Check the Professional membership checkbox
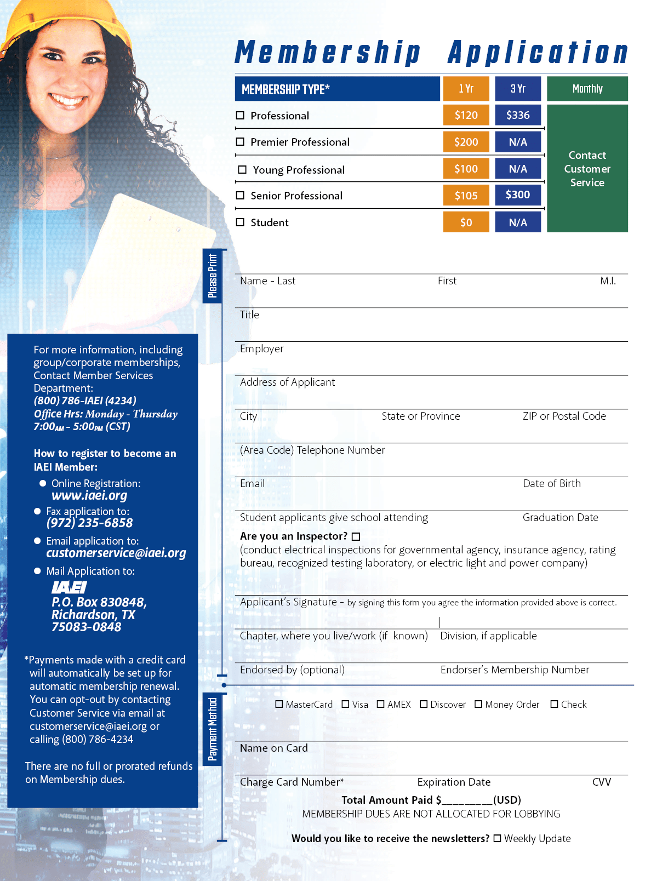[240, 116]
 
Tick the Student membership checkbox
[240, 222]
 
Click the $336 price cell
[518, 115]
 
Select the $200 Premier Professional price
[466, 142]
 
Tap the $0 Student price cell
[466, 222]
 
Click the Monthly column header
[587, 89]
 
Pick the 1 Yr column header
[466, 89]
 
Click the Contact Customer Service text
[587, 169]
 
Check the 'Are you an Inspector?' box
[356, 536]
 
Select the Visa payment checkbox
[346, 704]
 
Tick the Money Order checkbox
[478, 704]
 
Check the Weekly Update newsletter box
[497, 838]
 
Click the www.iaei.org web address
[89, 495]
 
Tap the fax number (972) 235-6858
[89, 523]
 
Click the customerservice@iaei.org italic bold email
[116, 553]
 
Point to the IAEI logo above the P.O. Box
[69, 587]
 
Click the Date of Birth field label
[551, 483]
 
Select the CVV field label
[601, 782]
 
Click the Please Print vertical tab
[213, 276]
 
